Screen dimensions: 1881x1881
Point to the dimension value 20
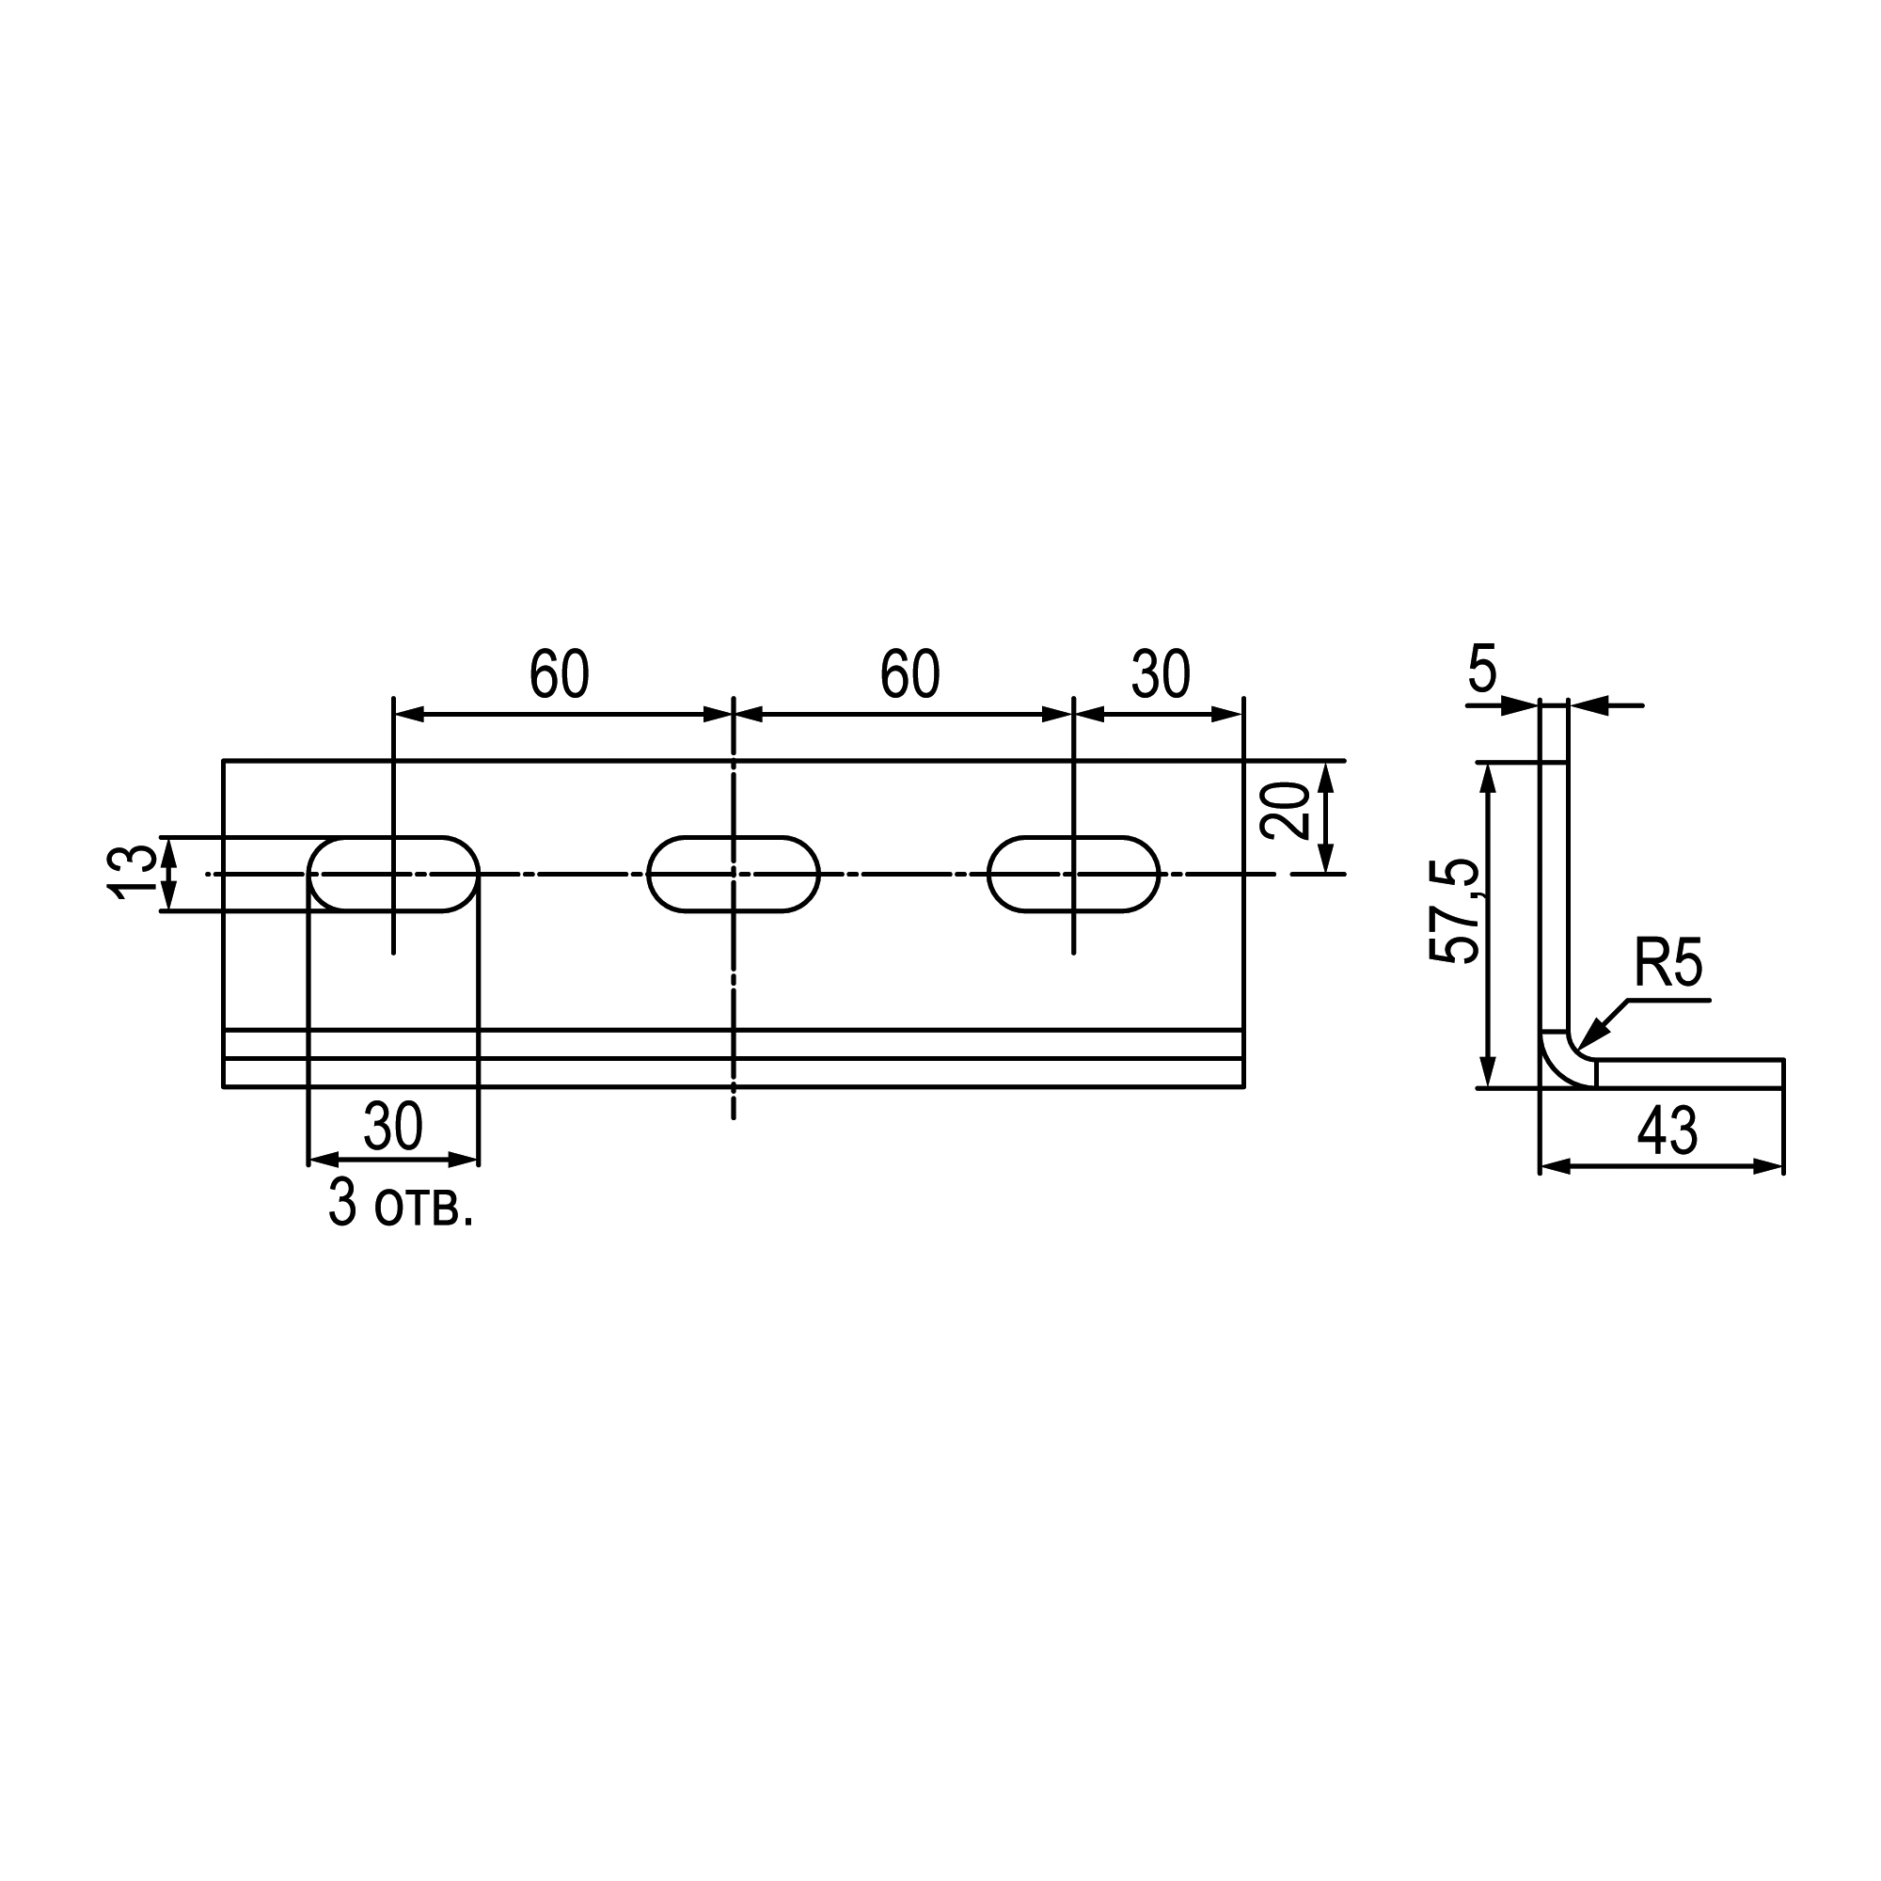(x=1284, y=811)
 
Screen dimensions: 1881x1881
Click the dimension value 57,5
(x=1455, y=912)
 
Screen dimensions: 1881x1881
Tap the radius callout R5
(x=1668, y=964)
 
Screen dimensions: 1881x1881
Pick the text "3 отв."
(x=400, y=1204)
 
